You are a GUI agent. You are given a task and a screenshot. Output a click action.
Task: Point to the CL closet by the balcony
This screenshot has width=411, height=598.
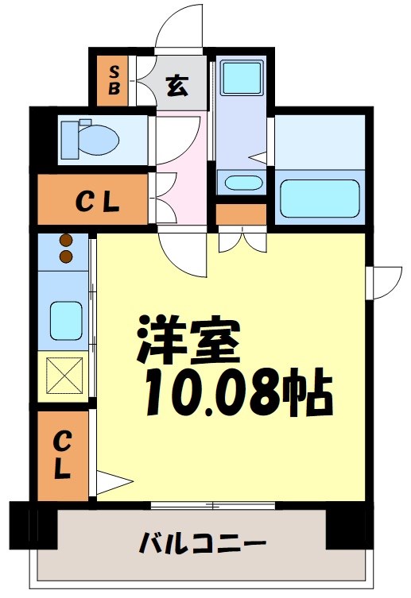(x=64, y=453)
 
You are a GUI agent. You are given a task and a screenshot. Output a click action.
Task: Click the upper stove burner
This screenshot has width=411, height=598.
(x=65, y=241)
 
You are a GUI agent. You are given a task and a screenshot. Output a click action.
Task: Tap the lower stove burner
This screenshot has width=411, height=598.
(x=65, y=255)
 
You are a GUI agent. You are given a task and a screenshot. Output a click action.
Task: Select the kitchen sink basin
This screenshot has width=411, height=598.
(x=65, y=320)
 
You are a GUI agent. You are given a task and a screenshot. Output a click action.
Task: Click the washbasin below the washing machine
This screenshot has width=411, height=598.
(x=242, y=183)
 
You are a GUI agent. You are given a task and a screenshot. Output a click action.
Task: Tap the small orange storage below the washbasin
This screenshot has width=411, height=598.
(x=241, y=214)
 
